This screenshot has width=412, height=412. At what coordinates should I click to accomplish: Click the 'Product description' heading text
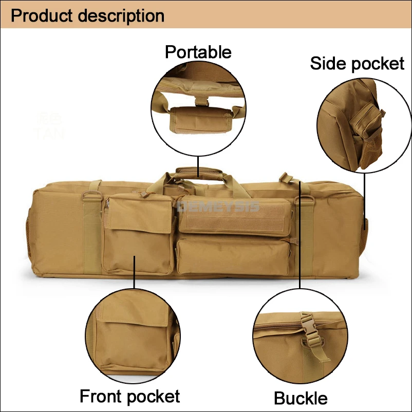[x=87, y=15]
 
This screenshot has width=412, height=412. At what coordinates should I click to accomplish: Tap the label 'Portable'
[x=198, y=52]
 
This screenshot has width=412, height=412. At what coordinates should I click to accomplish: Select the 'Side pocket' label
[x=357, y=63]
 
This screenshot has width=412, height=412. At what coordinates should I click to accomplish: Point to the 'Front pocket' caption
[x=129, y=396]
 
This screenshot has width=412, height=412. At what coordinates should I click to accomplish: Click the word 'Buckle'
[x=301, y=398]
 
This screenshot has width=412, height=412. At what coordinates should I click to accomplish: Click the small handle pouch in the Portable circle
[x=197, y=119]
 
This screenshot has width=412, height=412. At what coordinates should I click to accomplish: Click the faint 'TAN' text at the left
[x=49, y=134]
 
